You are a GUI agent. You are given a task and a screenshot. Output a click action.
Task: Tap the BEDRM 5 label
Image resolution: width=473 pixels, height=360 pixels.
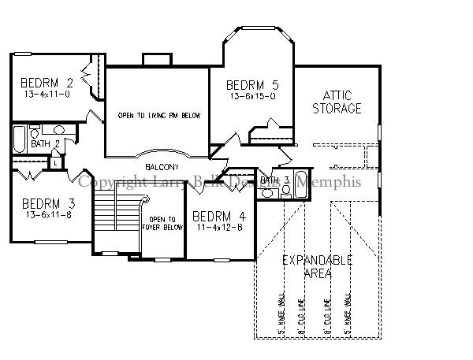tap(252, 85)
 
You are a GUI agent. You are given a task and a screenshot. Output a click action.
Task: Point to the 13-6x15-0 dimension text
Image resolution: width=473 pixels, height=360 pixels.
tap(252, 96)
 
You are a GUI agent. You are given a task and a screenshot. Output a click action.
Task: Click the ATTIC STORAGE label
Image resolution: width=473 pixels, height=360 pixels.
tap(337, 102)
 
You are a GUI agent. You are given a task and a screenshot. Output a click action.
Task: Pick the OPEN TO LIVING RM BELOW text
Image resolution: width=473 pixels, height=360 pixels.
tap(159, 116)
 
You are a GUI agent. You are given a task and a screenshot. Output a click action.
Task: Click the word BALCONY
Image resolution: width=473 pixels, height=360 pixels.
tap(162, 167)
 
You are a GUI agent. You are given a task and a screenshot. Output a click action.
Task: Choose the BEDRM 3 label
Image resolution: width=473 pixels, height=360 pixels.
tap(47, 202)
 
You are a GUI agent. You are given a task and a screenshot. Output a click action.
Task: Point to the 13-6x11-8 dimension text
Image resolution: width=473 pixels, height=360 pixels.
tap(47, 213)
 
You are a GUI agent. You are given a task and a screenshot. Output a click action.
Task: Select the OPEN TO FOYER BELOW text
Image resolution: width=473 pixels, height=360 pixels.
tap(166, 224)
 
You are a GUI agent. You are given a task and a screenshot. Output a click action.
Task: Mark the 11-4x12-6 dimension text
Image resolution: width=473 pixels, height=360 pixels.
tap(218, 227)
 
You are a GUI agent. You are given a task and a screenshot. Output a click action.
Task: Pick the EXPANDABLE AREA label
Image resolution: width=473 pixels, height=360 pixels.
tap(317, 266)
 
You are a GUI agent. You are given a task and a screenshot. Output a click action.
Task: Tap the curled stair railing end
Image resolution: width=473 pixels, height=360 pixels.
tap(143, 202)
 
